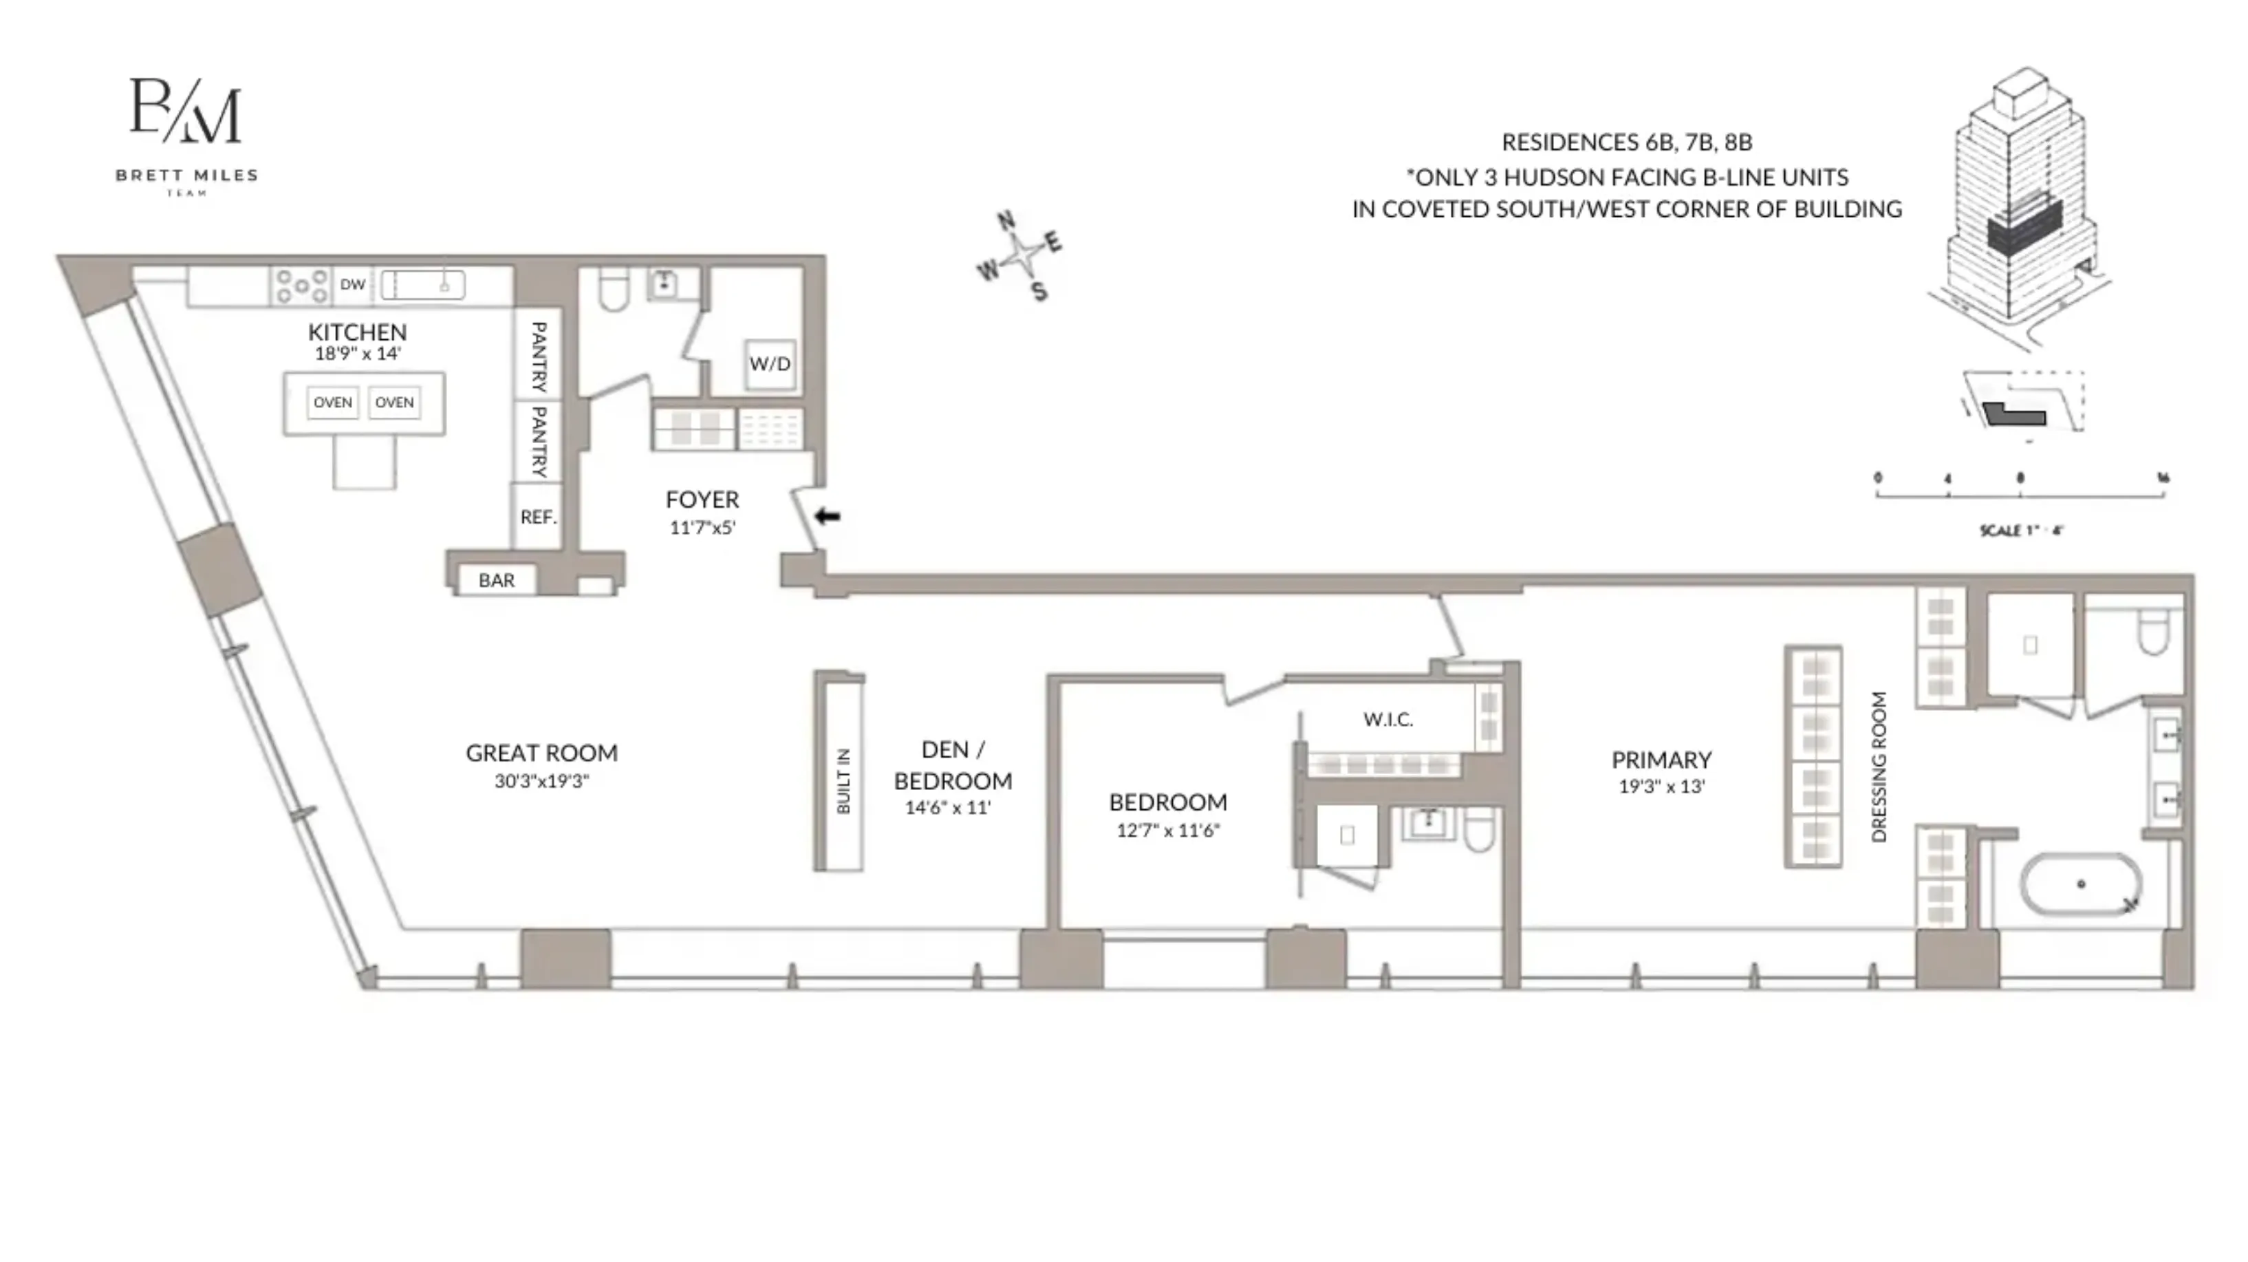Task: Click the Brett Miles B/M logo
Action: [186, 111]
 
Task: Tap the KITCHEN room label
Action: [357, 332]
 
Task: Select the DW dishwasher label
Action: [353, 284]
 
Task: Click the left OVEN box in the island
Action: [332, 403]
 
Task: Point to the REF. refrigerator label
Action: [537, 517]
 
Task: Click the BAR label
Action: [496, 580]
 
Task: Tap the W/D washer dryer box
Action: [770, 364]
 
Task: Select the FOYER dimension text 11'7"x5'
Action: [702, 527]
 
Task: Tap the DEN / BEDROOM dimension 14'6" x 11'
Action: [948, 807]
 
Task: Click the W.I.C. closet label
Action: [1387, 719]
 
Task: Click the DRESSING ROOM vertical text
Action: [1879, 767]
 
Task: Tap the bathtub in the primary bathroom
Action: [2080, 884]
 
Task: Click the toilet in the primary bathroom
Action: [2154, 631]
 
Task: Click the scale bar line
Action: [2020, 495]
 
